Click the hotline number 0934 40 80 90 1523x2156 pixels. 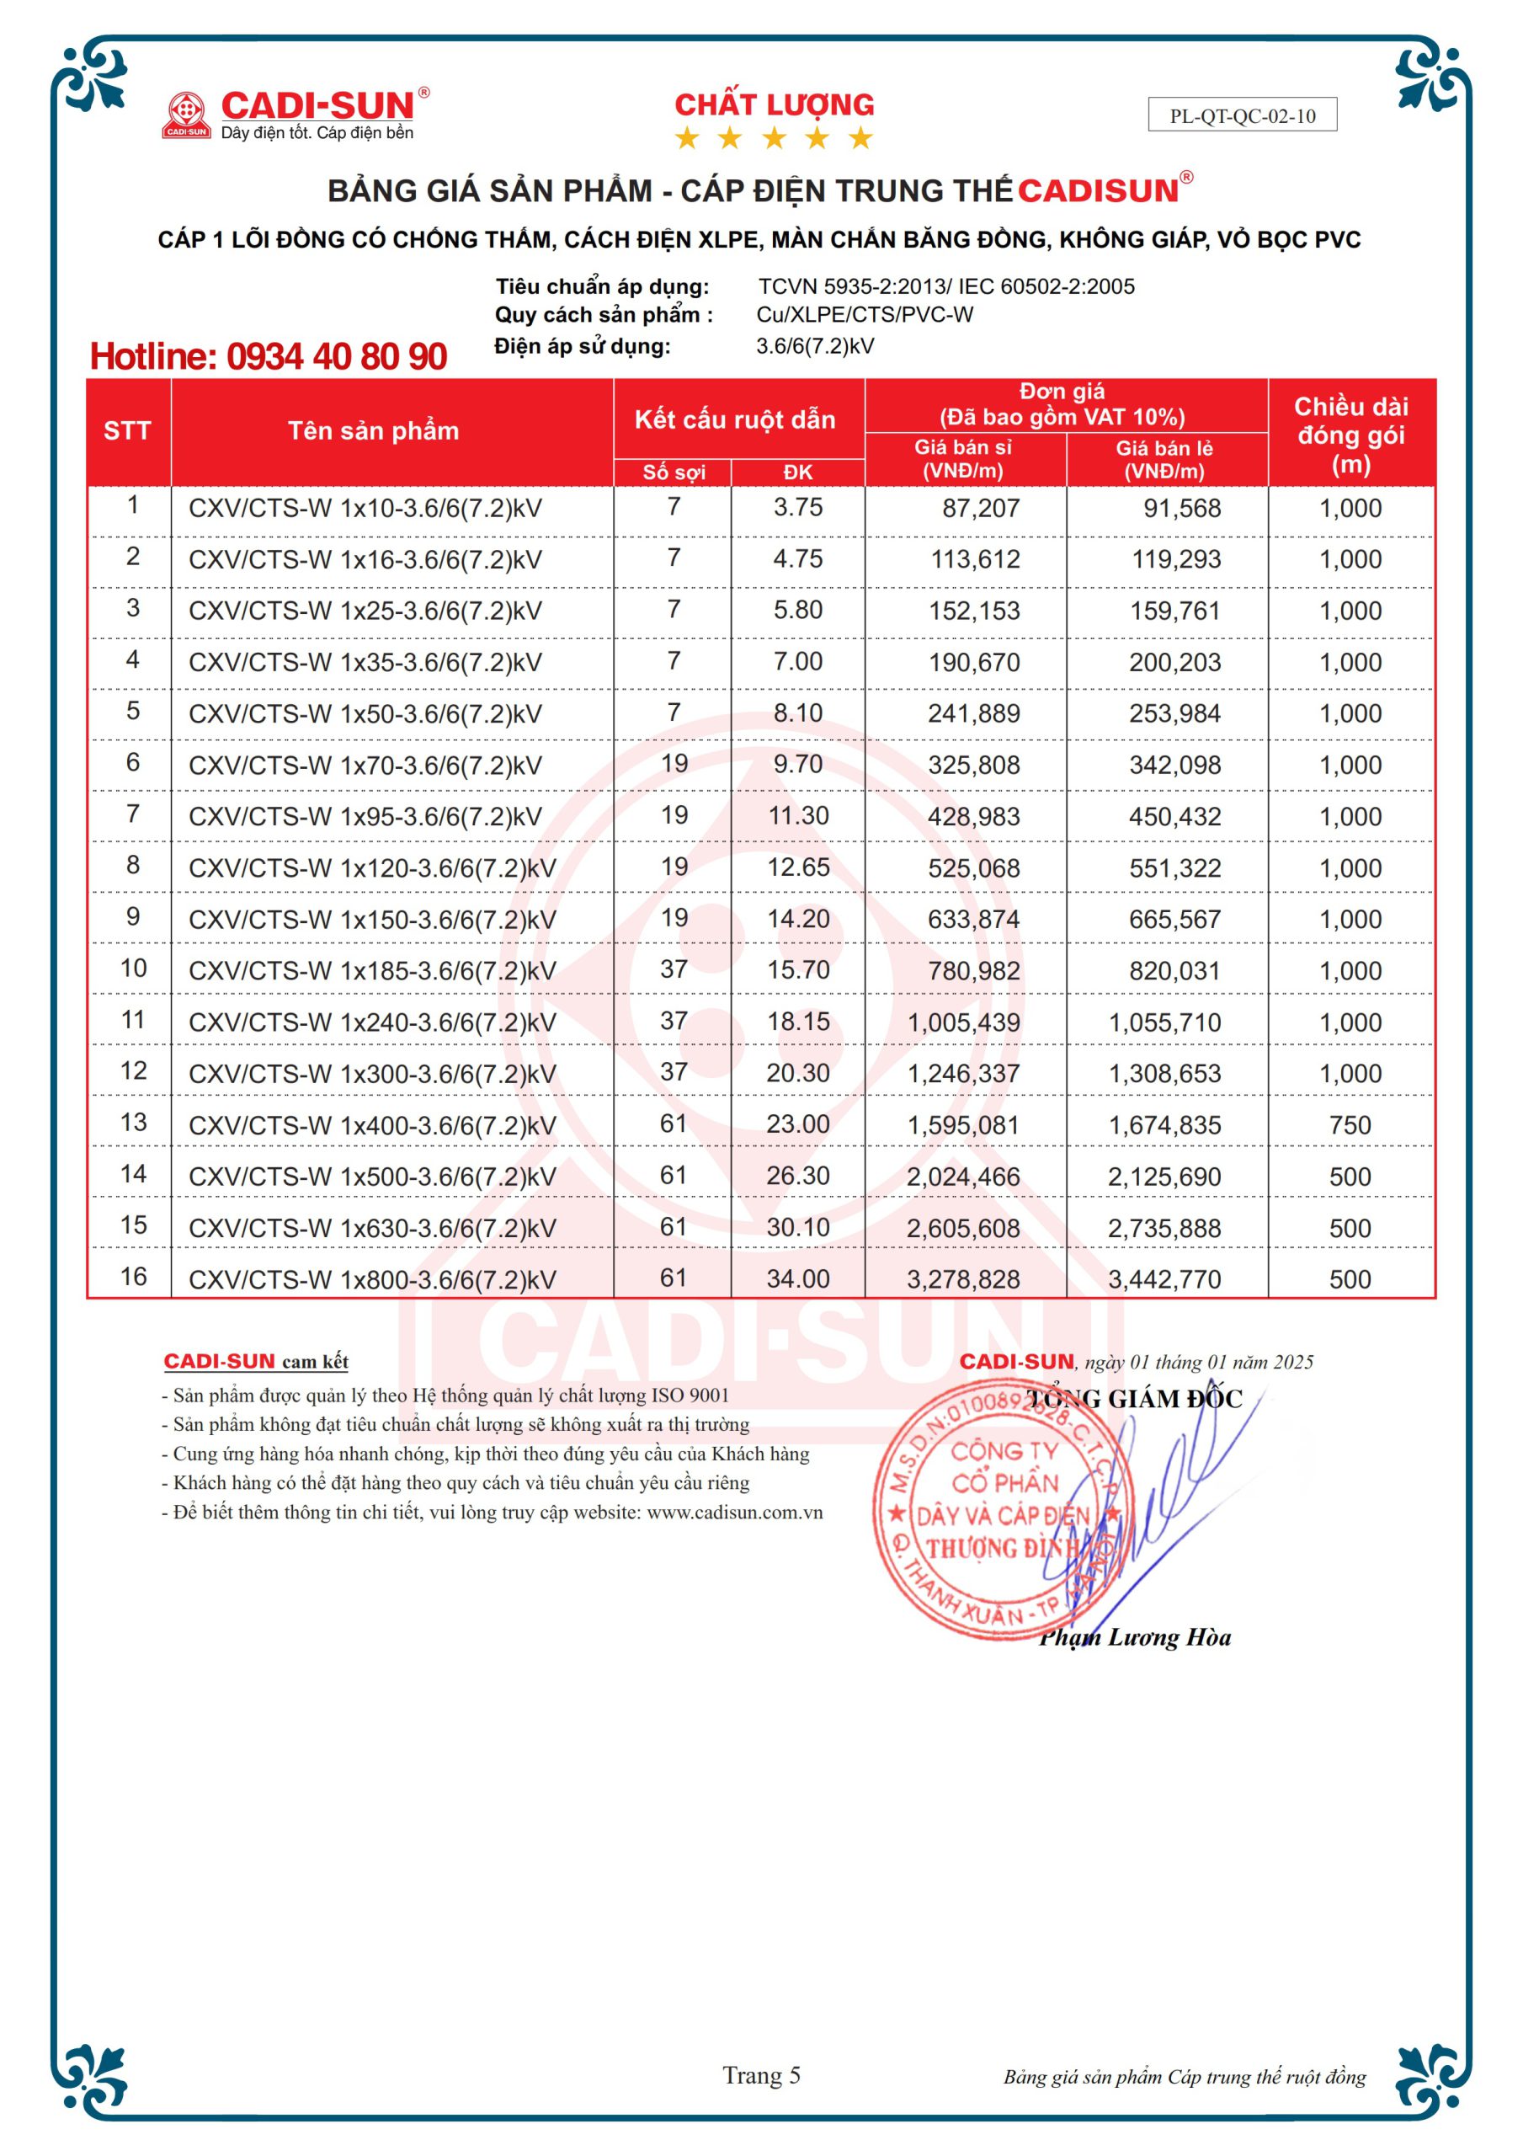[269, 357]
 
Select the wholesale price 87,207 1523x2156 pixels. [980, 509]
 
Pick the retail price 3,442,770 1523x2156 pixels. [1164, 1279]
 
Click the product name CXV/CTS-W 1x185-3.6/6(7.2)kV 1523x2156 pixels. [372, 971]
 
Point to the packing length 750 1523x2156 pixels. [1350, 1125]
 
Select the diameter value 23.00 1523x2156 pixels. [797, 1124]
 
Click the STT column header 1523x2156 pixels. [128, 431]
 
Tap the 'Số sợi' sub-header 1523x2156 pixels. [674, 472]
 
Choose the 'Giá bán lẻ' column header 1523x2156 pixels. [1164, 459]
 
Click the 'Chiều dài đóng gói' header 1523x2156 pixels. [1350, 435]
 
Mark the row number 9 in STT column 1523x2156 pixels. [132, 916]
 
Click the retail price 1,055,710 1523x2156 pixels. [1164, 1022]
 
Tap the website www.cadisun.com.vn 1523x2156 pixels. [734, 1513]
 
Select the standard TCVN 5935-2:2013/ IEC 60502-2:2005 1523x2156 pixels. [945, 286]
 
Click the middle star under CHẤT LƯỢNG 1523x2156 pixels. [774, 139]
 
